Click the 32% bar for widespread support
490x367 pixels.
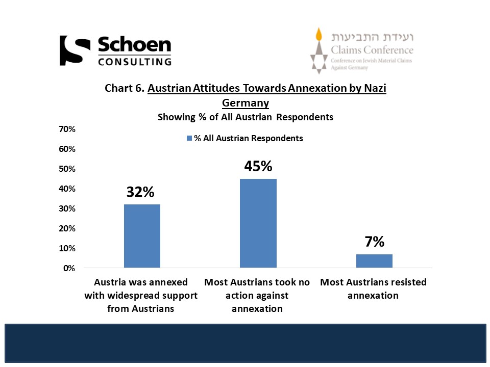pos(142,236)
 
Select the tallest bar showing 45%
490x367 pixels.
pos(258,223)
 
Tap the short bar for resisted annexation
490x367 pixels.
pos(374,260)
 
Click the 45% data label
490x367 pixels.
pos(258,167)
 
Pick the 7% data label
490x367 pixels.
pos(374,242)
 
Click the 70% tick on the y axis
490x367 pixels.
pos(68,129)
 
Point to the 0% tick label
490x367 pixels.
pos(70,268)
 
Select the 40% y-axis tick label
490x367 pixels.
pos(68,189)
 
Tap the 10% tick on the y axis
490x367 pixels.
pos(68,249)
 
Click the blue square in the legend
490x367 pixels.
pos(189,139)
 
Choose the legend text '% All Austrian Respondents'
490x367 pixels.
pos(249,139)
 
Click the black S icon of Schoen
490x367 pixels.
pos(71,50)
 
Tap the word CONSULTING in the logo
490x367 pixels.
pos(134,62)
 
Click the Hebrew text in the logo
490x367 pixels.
pos(372,37)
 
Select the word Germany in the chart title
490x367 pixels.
pos(246,102)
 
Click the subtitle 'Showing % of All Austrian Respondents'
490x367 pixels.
pos(246,117)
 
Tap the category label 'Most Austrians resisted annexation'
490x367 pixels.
pos(373,289)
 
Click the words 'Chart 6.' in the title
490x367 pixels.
pos(124,88)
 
